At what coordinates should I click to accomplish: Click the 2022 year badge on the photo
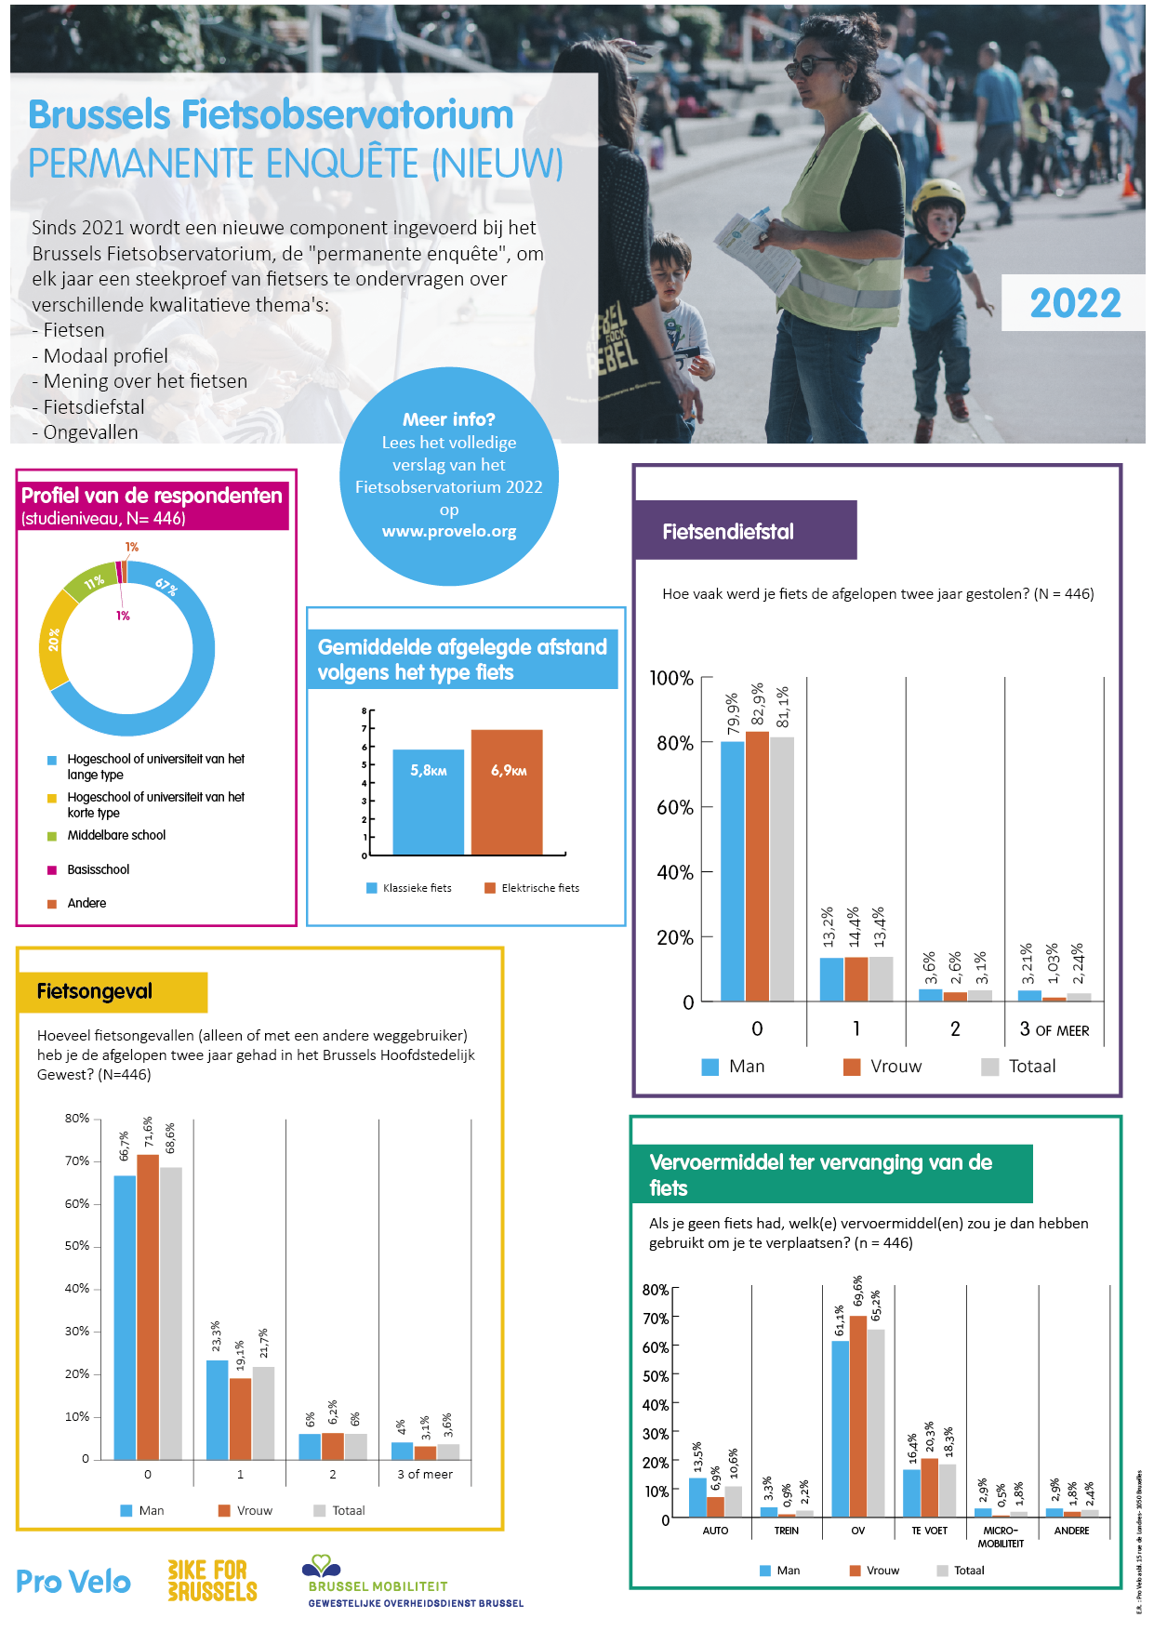point(1074,303)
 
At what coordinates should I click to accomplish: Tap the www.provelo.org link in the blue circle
point(449,531)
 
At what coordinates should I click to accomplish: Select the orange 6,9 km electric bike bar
point(507,792)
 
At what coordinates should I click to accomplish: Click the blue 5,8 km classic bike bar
point(428,802)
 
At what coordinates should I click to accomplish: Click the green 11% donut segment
point(92,583)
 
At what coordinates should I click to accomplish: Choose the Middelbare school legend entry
point(116,835)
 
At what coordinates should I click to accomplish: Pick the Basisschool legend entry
point(98,869)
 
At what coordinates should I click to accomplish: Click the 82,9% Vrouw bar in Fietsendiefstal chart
point(757,866)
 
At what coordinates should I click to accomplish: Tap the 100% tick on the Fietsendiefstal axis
point(671,679)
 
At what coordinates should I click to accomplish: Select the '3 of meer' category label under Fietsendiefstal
point(1054,1029)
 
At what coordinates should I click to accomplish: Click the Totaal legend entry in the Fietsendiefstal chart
point(1031,1067)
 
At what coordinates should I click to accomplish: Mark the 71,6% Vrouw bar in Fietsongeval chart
point(148,1306)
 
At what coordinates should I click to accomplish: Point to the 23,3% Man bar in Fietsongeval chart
point(217,1409)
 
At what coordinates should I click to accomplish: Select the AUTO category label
point(715,1531)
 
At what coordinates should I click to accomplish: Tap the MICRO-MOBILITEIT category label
point(1001,1536)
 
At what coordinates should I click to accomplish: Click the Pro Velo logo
point(73,1582)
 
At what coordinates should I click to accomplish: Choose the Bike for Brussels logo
point(212,1581)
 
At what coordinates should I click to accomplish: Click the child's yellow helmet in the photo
point(938,198)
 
